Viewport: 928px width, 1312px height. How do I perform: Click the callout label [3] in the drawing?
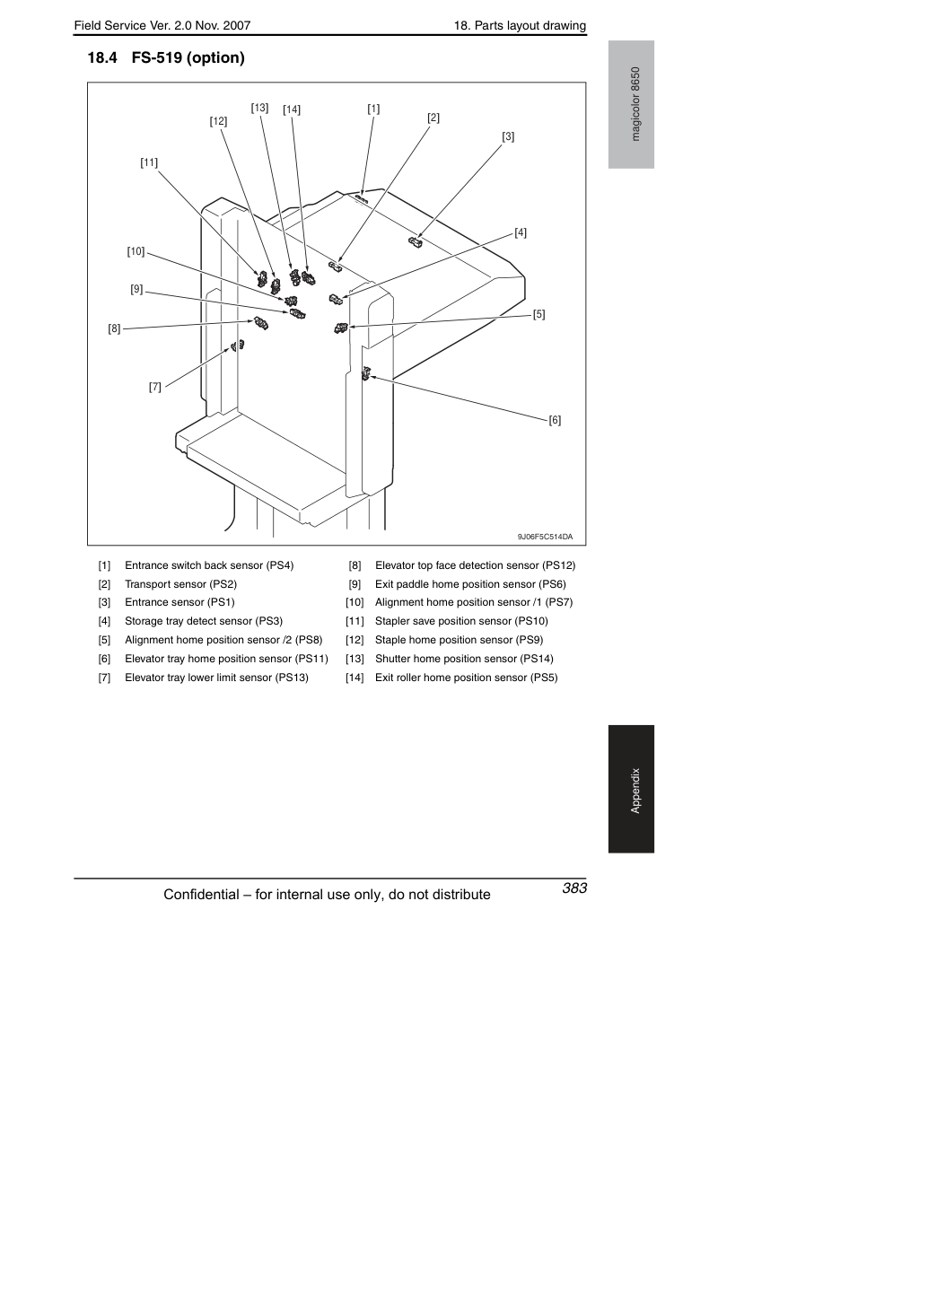pyautogui.click(x=508, y=136)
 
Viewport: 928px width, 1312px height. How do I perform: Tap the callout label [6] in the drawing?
pyautogui.click(x=555, y=420)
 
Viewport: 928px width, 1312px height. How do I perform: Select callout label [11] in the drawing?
pyautogui.click(x=149, y=162)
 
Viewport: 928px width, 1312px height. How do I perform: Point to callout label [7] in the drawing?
pyautogui.click(x=154, y=387)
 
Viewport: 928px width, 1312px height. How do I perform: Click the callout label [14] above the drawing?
pyautogui.click(x=292, y=109)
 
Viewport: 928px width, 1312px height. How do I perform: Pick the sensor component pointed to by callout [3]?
pyautogui.click(x=416, y=241)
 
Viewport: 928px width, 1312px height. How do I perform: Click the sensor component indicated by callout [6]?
pyautogui.click(x=366, y=373)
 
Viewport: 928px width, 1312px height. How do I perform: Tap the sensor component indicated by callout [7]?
pyautogui.click(x=237, y=345)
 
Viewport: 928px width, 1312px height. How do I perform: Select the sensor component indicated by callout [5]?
pyautogui.click(x=341, y=328)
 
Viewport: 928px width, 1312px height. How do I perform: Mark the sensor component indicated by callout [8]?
pyautogui.click(x=260, y=323)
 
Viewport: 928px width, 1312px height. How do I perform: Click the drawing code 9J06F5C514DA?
pyautogui.click(x=545, y=538)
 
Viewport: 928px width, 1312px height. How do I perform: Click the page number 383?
pyautogui.click(x=574, y=888)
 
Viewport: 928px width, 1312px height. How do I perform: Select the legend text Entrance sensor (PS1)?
pyautogui.click(x=179, y=602)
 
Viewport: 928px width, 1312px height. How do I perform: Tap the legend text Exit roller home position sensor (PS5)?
pyautogui.click(x=467, y=678)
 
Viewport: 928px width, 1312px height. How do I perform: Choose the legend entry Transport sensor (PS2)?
pyautogui.click(x=181, y=584)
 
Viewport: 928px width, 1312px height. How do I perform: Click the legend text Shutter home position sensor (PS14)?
pyautogui.click(x=464, y=659)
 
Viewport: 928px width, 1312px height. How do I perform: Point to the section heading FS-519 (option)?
pyautogui.click(x=188, y=58)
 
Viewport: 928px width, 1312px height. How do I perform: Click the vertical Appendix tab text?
pyautogui.click(x=635, y=791)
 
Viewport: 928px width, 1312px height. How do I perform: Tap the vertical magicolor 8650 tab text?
pyautogui.click(x=635, y=104)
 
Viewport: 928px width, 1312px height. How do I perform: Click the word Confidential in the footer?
pyautogui.click(x=202, y=895)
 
